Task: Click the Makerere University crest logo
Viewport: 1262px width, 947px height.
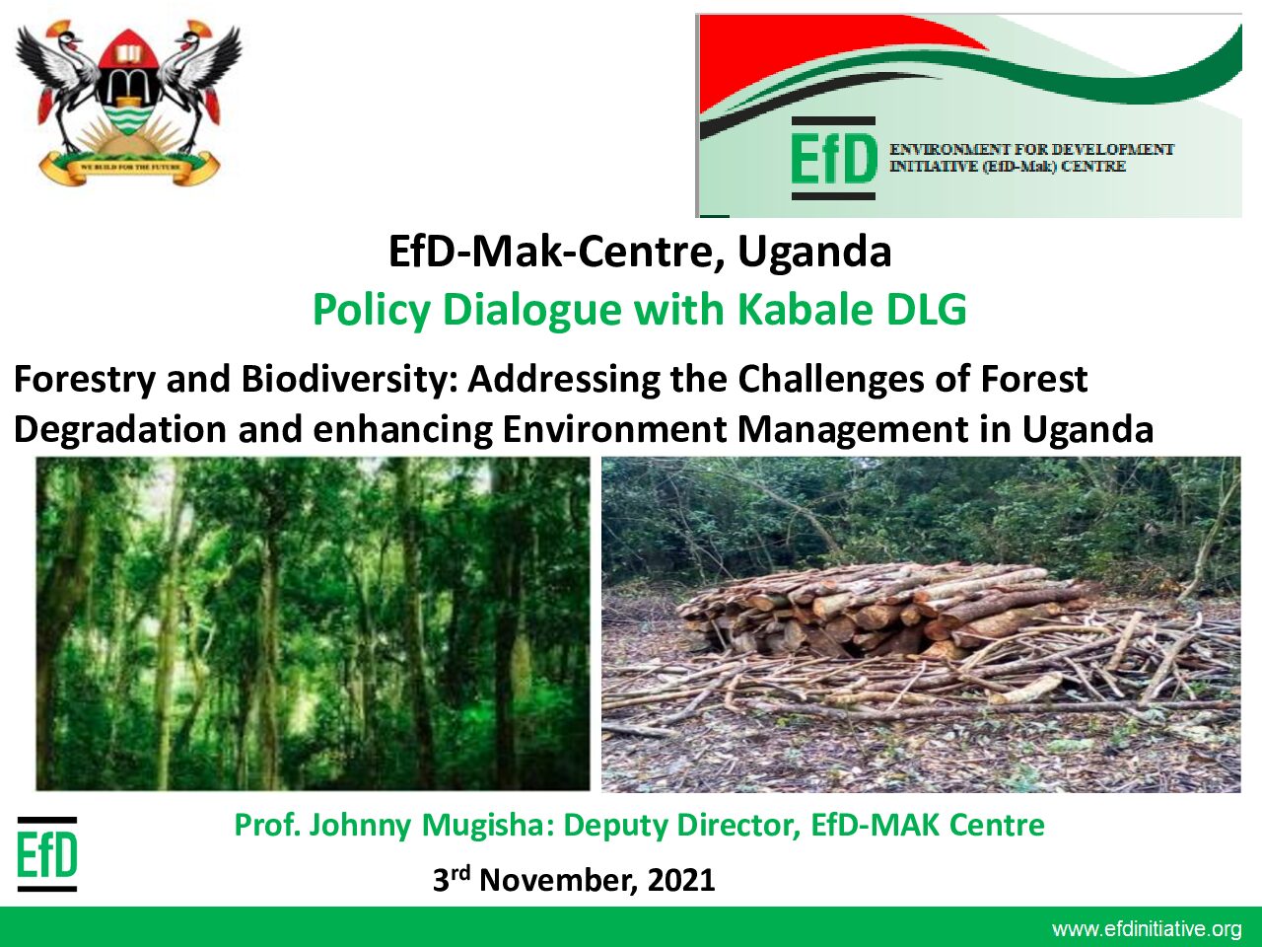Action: (128, 103)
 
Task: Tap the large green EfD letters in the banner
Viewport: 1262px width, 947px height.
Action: (834, 158)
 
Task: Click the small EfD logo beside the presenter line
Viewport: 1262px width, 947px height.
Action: (47, 854)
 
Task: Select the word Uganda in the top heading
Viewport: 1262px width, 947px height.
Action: (814, 252)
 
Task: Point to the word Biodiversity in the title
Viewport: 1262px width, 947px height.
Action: (344, 380)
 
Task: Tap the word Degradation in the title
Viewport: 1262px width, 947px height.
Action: (120, 429)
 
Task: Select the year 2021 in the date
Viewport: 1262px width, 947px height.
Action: (681, 880)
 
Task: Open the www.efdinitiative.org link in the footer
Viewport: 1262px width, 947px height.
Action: (1147, 929)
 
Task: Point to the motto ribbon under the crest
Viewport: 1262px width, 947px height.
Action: (130, 168)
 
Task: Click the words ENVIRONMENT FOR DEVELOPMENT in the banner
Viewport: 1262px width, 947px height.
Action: (1032, 150)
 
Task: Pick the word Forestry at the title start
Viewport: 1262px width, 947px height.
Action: (85, 380)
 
